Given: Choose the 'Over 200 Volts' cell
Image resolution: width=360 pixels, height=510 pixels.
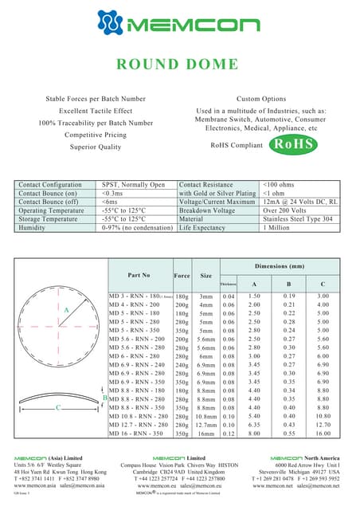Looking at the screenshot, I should (284, 210).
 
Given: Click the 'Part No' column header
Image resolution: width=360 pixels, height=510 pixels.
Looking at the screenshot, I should (139, 275).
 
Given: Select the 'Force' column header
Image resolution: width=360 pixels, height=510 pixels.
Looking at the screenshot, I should (182, 275).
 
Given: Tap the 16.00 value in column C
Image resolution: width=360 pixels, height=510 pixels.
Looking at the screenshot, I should (323, 434).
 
